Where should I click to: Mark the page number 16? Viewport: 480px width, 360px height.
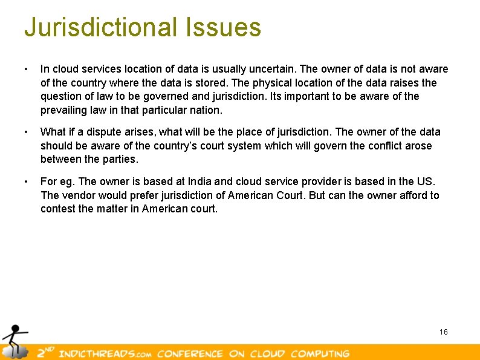[x=444, y=332]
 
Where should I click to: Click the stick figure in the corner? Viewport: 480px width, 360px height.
[x=13, y=340]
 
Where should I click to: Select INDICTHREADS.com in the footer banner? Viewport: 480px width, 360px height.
[x=102, y=353]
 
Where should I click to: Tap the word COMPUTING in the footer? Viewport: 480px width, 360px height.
[x=320, y=353]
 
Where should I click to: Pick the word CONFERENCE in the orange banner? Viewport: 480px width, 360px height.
[x=191, y=353]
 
